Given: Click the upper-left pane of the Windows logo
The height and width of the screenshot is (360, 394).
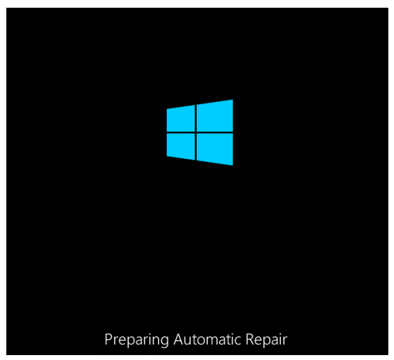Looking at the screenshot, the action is pos(181,119).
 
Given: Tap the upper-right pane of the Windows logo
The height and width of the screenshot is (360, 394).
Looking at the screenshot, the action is pos(215,116).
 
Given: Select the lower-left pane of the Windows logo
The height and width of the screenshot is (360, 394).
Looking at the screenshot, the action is pos(181,146).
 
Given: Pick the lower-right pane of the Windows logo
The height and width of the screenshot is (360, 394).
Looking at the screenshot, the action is pos(215,149).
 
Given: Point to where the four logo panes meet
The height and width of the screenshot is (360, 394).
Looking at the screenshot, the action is pos(196,132).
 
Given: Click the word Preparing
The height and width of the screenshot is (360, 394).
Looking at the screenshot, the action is pos(137,340).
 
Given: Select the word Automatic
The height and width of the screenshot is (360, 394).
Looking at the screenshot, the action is pos(207,339).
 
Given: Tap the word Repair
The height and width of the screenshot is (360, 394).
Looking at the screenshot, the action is pos(267,340).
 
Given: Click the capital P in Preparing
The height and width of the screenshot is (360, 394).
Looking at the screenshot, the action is pos(108,339).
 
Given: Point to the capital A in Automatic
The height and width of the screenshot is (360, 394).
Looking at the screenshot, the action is pos(178,339).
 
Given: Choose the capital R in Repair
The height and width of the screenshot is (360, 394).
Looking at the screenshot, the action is pos(250,339).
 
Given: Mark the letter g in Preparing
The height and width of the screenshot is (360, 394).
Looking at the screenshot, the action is pos(165,342).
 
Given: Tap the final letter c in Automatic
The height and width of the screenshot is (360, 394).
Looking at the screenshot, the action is pos(238,341).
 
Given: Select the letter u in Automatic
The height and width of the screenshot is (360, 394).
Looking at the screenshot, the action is pos(188,342).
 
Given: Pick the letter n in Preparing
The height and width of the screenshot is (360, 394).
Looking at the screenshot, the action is pos(156,341).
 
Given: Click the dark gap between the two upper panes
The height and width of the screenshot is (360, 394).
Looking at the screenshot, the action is pos(196,118).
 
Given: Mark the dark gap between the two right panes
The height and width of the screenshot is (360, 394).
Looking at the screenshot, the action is pos(215,132).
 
